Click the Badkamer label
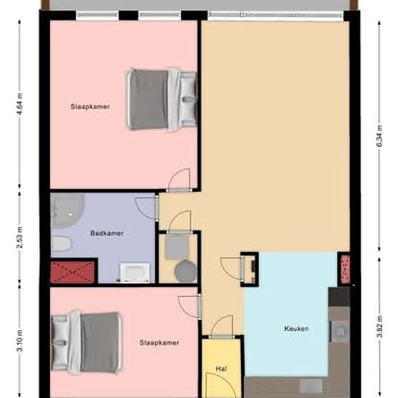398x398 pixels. tap(107, 233)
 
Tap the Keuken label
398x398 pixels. tap(297, 329)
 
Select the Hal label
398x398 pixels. tap(221, 369)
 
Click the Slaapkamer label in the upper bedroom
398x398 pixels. tap(90, 106)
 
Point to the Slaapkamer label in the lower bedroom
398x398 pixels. tap(159, 343)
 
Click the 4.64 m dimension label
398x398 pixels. tap(20, 104)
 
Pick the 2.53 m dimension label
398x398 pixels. tap(20, 238)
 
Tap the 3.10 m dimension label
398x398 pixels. tap(20, 340)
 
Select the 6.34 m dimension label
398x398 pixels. tap(379, 136)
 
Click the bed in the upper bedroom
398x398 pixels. tap(161, 100)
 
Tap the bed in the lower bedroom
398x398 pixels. tap(87, 343)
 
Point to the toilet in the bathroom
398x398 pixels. tap(62, 243)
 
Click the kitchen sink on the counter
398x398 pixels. tap(340, 331)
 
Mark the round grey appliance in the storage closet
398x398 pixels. tap(185, 271)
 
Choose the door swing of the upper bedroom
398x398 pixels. tap(179, 179)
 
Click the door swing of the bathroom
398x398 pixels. tap(145, 208)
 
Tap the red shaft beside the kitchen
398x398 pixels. tap(345, 269)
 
